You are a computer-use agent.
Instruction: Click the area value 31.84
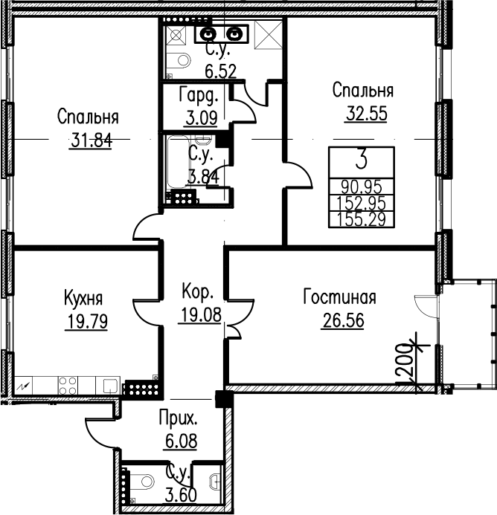point(92,141)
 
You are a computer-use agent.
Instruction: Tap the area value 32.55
point(366,114)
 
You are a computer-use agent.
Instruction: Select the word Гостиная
point(339,297)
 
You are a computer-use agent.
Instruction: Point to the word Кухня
point(83,299)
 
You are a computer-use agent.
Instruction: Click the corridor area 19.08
point(201,315)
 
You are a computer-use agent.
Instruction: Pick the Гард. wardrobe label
point(199,95)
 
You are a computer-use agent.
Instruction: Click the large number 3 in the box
point(362,161)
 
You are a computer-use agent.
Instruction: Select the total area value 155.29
point(361,220)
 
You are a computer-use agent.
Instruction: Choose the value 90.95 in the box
point(361,187)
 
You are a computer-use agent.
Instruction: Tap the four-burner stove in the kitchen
point(68,386)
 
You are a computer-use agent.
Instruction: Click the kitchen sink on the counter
point(110,386)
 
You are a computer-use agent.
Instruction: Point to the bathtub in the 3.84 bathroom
point(178,162)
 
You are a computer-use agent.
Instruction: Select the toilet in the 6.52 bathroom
point(180,60)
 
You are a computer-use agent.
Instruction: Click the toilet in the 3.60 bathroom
point(144,482)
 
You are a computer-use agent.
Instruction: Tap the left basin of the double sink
point(208,33)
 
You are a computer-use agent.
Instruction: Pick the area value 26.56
point(344,320)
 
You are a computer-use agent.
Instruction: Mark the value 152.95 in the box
point(361,204)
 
